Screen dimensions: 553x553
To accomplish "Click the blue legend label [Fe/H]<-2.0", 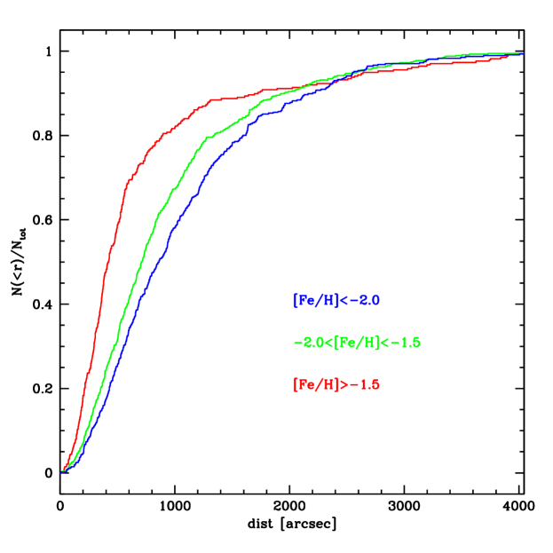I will (x=336, y=301).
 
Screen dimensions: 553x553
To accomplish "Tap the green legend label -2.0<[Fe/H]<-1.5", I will (x=356, y=343).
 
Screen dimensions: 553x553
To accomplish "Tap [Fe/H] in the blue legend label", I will (x=315, y=301).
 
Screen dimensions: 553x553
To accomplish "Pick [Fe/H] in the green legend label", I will (x=356, y=343).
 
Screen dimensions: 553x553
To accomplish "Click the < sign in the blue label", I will (x=344, y=301).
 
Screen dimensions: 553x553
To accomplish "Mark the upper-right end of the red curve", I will (x=509, y=57).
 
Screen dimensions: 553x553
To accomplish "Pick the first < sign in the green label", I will (x=328, y=343).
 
